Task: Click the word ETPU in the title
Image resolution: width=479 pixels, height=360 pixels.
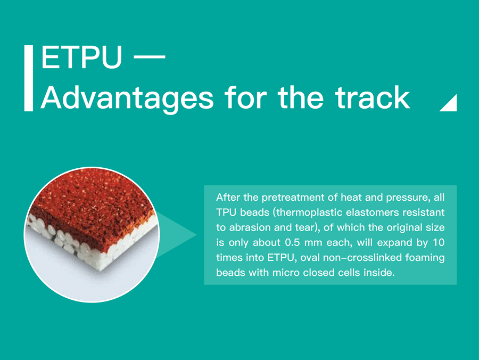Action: [81, 57]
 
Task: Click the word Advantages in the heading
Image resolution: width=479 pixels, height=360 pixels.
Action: [127, 99]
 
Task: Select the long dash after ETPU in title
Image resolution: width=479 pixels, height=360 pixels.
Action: [150, 57]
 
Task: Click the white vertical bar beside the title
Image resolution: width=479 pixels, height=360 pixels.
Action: [28, 78]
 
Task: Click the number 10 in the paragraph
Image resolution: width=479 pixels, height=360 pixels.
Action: [439, 243]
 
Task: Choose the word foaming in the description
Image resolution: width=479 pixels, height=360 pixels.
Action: [425, 258]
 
